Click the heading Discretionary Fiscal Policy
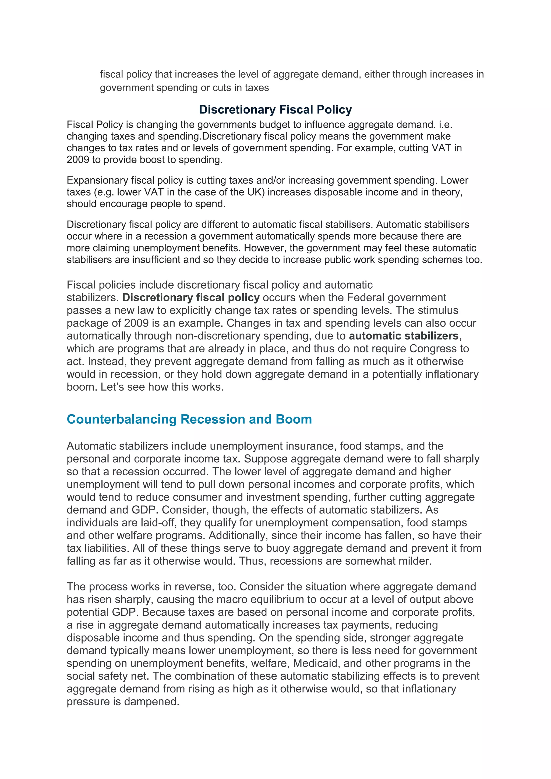[x=275, y=109]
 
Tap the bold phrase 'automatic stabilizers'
[x=403, y=336]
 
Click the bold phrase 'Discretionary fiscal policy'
[x=191, y=298]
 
